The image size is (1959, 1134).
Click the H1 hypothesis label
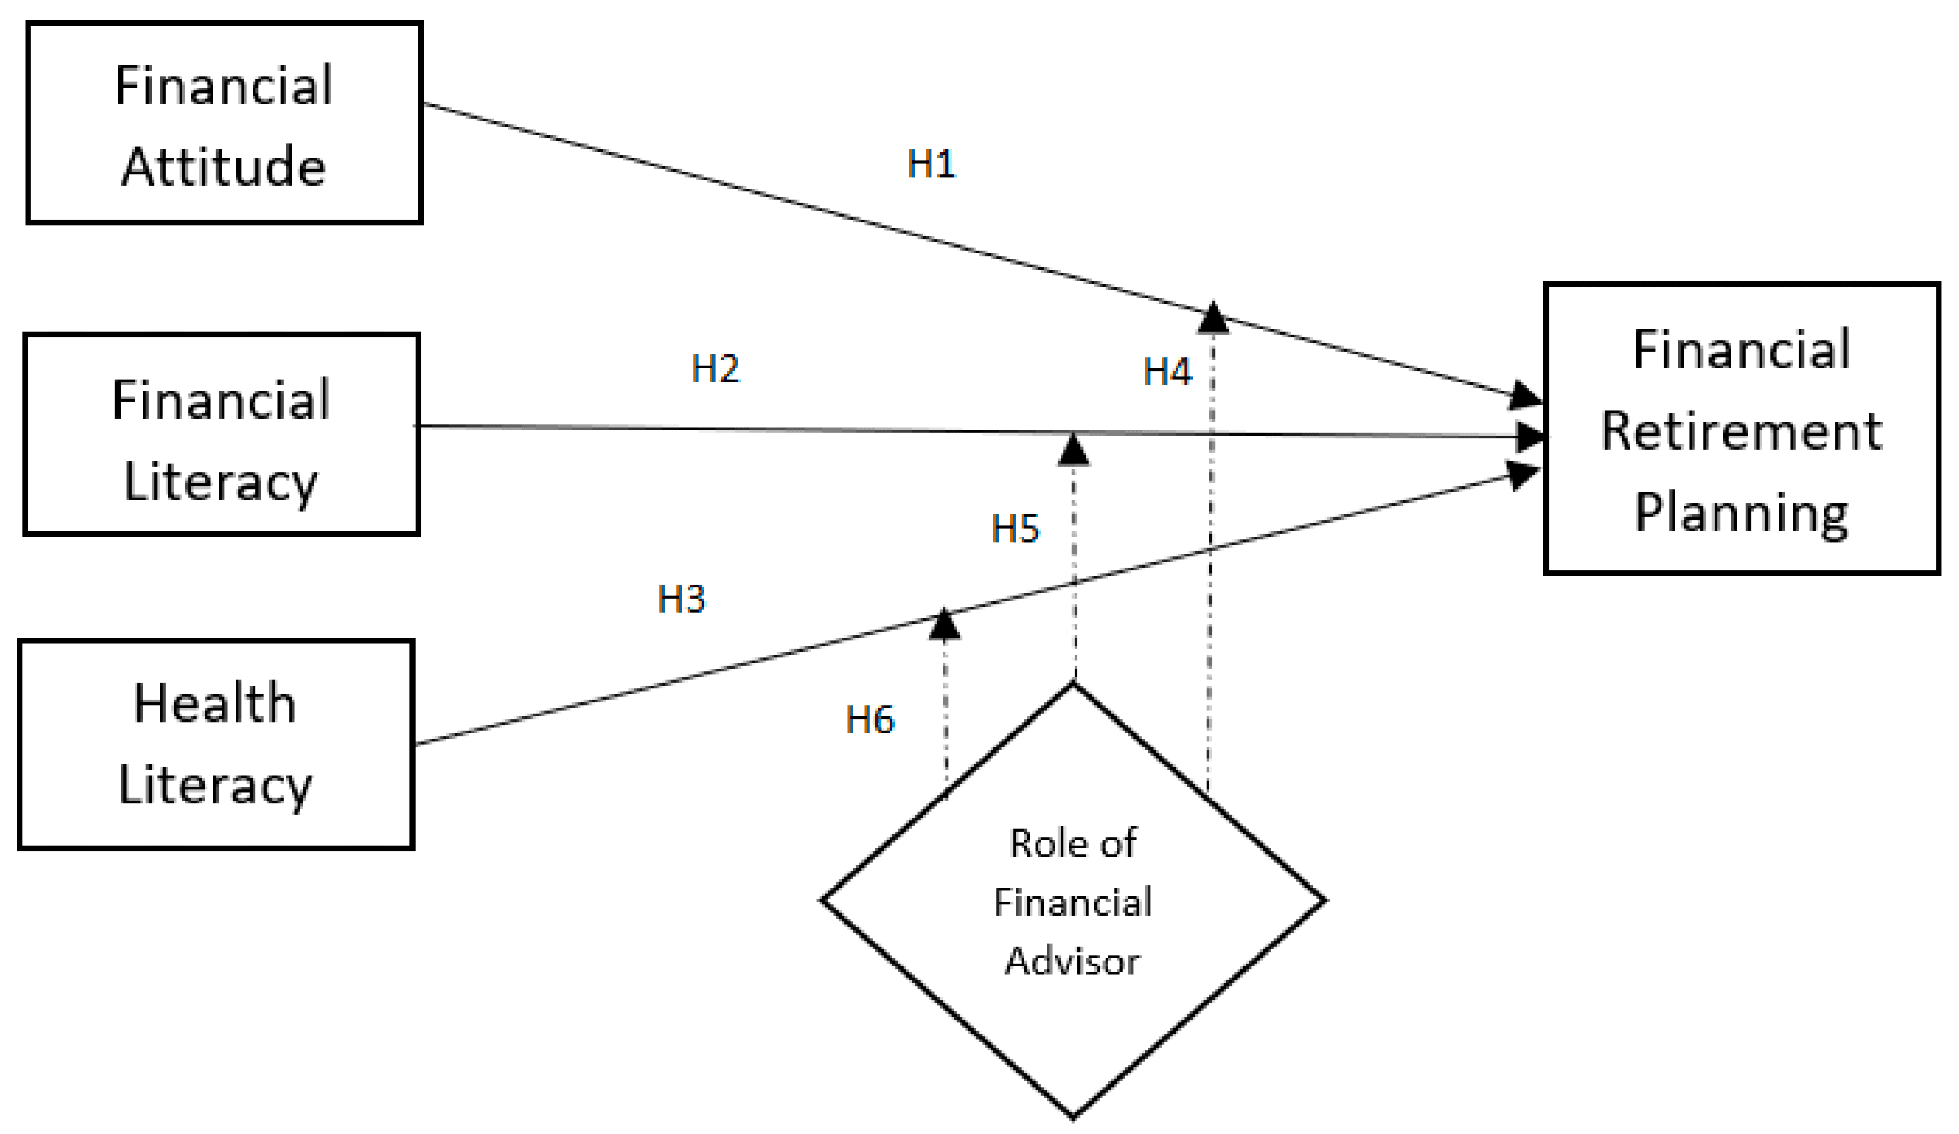click(x=931, y=164)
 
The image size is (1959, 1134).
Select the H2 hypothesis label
click(x=715, y=368)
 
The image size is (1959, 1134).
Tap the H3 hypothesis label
click(x=681, y=599)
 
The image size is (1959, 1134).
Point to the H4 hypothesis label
click(x=1167, y=372)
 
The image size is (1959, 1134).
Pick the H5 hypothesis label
click(x=1016, y=529)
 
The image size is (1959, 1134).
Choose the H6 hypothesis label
click(x=870, y=721)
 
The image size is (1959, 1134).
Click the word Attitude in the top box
click(x=224, y=166)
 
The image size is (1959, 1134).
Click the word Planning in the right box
click(x=1741, y=514)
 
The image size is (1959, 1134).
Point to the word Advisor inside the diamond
click(x=1073, y=962)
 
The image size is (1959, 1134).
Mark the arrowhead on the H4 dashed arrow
click(x=1213, y=319)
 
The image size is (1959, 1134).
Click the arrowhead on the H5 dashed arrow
click(x=1073, y=451)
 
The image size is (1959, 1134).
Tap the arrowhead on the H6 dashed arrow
click(x=943, y=625)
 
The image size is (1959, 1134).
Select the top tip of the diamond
click(x=1073, y=684)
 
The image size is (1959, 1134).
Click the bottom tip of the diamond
click(x=1073, y=1117)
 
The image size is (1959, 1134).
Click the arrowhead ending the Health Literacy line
click(x=1524, y=474)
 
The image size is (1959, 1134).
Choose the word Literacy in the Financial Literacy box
click(x=221, y=483)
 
